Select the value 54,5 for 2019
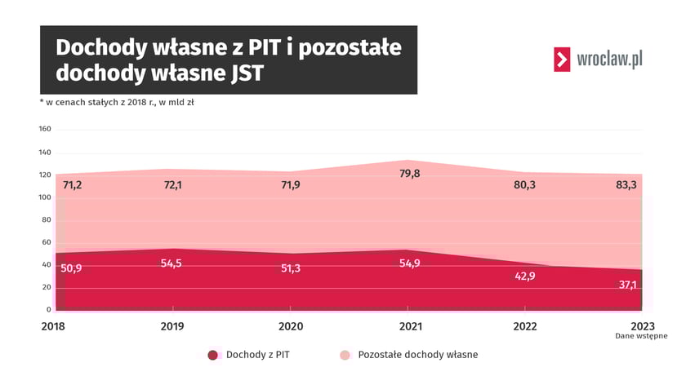coord(172,264)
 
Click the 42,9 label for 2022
coord(523,276)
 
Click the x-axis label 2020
coord(291,325)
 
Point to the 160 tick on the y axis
coord(45,129)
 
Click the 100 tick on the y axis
coord(45,197)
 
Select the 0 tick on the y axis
coord(48,310)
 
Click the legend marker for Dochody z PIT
coord(212,355)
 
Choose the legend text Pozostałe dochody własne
coord(417,355)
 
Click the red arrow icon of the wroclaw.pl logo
coord(562,60)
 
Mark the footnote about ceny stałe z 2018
coord(116,103)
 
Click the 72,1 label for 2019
coord(172,185)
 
